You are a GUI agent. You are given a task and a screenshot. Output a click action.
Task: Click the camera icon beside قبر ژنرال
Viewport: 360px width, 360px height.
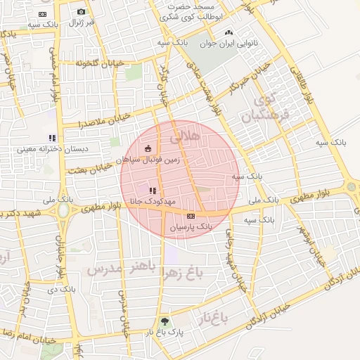click(x=81, y=12)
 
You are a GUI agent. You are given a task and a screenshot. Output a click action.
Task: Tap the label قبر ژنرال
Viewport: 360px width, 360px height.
click(x=81, y=23)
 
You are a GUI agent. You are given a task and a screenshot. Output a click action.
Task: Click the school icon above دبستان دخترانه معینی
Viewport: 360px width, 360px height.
click(x=51, y=138)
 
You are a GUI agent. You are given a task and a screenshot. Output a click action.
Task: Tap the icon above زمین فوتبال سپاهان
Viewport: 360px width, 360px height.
click(x=148, y=148)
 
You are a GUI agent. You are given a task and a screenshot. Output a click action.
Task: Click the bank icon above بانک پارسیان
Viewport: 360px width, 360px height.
click(x=191, y=215)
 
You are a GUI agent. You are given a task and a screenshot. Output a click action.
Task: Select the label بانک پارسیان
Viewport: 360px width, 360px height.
click(x=191, y=227)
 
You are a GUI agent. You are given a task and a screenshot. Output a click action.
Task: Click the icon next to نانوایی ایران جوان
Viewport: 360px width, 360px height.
click(x=228, y=32)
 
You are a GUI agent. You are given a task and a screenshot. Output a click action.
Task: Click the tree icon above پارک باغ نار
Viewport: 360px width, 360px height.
click(x=165, y=321)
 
